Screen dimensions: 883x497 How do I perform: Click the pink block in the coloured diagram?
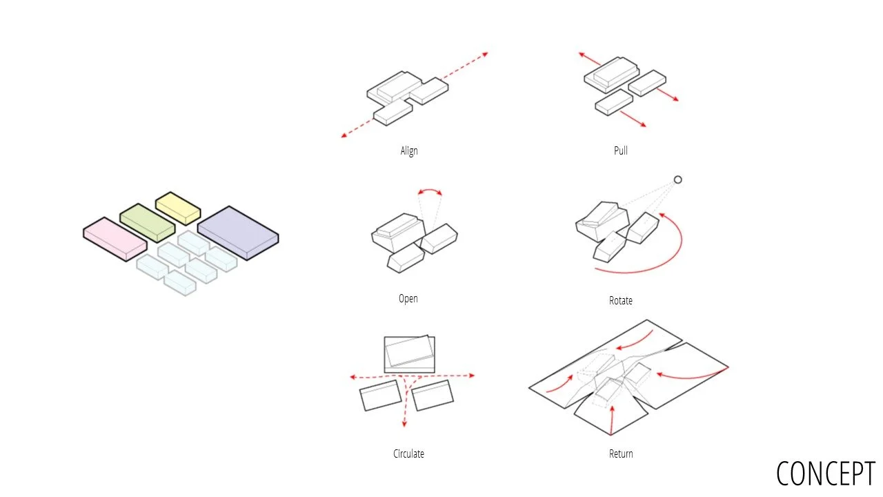[115, 239]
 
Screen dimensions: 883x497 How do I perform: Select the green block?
[148, 223]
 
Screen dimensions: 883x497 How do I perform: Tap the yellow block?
[178, 208]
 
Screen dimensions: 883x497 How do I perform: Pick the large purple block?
[238, 233]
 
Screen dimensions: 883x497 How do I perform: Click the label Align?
[409, 151]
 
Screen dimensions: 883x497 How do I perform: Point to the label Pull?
[620, 150]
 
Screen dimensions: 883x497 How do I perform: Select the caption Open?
[408, 299]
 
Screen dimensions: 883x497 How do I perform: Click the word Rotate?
[620, 300]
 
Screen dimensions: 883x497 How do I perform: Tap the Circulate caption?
[408, 454]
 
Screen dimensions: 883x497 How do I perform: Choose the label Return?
[621, 454]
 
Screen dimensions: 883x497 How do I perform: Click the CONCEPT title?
[826, 474]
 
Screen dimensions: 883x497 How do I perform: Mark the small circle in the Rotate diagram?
[677, 180]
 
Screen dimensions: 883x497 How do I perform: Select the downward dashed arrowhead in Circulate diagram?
[404, 424]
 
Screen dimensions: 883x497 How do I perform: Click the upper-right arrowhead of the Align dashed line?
[485, 55]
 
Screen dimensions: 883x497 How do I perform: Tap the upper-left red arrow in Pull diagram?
[589, 59]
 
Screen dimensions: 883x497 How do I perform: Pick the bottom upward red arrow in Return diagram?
[612, 420]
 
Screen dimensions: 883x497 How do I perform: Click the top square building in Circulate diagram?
[410, 354]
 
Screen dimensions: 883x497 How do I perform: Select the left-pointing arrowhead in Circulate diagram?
[353, 377]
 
